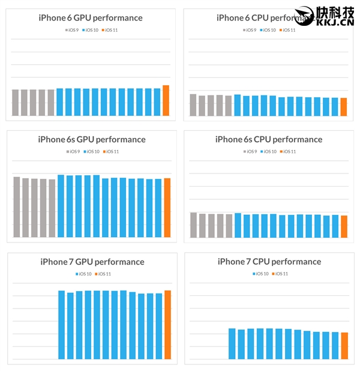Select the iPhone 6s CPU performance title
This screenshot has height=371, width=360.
click(269, 139)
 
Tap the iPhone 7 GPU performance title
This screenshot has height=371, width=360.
click(92, 262)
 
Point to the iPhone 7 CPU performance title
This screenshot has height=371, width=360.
click(269, 262)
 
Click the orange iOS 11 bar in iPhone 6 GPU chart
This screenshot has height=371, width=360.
click(166, 101)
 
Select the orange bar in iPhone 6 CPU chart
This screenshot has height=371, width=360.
click(344, 107)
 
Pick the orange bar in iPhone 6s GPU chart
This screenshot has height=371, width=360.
click(167, 208)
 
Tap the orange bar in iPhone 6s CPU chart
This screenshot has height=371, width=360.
click(344, 226)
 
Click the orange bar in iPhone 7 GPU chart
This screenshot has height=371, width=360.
click(168, 325)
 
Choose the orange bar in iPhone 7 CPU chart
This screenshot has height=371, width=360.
click(344, 346)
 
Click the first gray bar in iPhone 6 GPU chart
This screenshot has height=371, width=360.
click(16, 103)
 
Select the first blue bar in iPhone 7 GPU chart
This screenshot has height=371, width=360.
click(61, 325)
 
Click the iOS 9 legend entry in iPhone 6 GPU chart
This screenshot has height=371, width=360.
click(72, 29)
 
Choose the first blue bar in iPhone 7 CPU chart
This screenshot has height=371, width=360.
click(232, 344)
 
